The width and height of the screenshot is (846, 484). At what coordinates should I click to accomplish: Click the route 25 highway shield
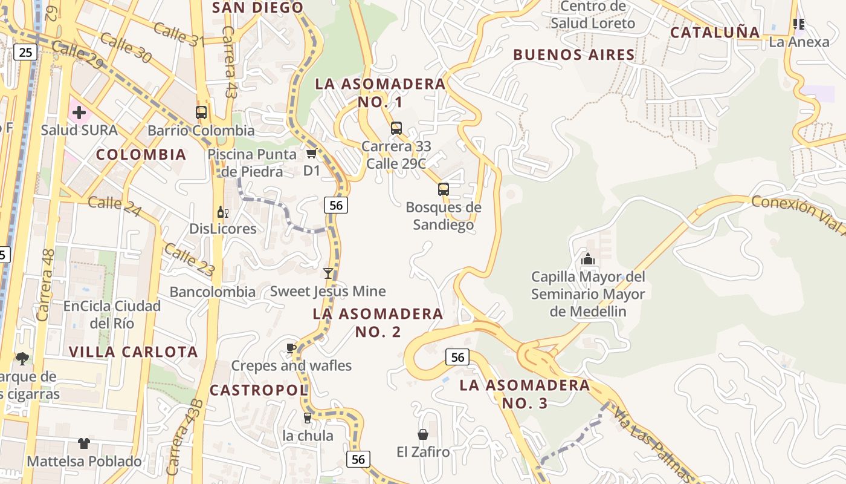[x=25, y=53]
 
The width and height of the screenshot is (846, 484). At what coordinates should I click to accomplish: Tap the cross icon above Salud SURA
[x=79, y=113]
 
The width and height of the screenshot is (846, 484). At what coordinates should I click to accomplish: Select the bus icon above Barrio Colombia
[x=201, y=113]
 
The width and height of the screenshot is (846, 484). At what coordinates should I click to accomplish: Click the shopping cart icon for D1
[x=312, y=153]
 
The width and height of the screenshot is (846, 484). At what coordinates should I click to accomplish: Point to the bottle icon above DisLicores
[x=222, y=212]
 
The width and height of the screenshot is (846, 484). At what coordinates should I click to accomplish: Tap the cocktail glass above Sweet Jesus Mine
[x=328, y=273]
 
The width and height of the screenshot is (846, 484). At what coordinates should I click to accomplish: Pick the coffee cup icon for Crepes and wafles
[x=291, y=348]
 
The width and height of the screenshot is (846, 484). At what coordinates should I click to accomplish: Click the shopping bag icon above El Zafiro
[x=423, y=434]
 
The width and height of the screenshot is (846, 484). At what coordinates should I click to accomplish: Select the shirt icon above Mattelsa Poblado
[x=84, y=443]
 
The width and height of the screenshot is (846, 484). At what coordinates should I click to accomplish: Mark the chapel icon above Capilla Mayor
[x=588, y=260]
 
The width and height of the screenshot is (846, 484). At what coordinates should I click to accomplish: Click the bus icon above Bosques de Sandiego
[x=444, y=189]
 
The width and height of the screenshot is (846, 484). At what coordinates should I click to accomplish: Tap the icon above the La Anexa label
[x=799, y=24]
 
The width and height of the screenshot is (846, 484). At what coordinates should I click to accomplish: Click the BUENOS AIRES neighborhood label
[x=574, y=55]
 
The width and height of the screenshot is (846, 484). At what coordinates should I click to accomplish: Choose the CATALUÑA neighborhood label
[x=715, y=33]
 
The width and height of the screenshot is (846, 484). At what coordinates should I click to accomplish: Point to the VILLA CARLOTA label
[x=134, y=352]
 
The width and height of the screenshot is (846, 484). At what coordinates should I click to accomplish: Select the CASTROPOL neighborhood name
[x=259, y=390]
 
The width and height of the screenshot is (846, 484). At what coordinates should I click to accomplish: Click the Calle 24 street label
[x=115, y=206]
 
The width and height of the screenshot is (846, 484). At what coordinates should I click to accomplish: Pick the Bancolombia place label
[x=212, y=292]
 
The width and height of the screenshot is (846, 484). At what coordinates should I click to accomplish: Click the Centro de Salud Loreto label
[x=593, y=15]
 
